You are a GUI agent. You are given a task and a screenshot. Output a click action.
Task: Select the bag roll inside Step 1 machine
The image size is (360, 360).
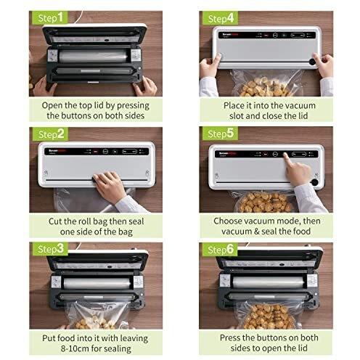pos(87,54)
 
